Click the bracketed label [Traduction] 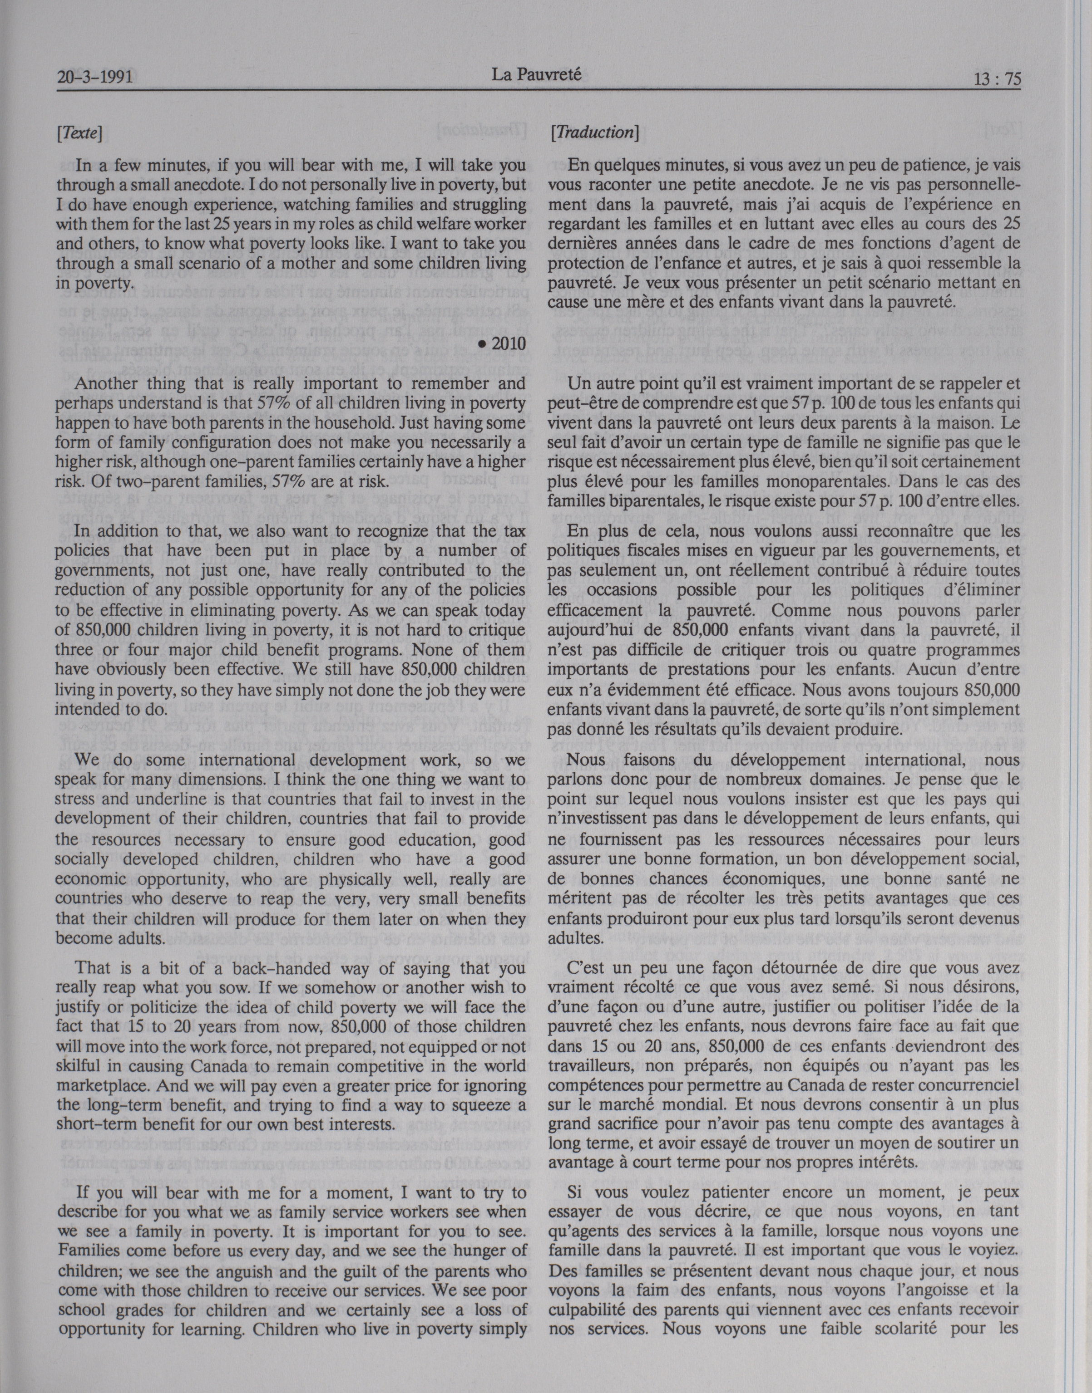pos(594,132)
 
